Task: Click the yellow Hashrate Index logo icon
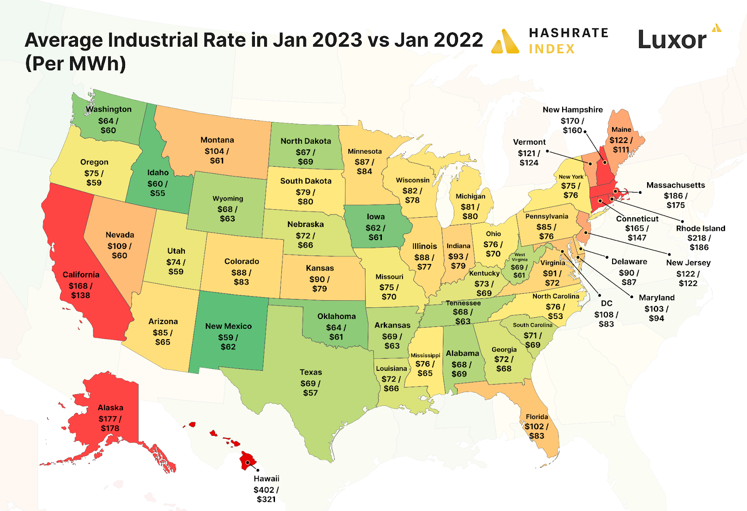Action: click(505, 42)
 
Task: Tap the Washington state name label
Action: click(109, 109)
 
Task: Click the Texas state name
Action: click(310, 372)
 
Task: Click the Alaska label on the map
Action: click(110, 408)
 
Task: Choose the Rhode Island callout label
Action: click(700, 228)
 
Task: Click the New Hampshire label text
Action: click(572, 110)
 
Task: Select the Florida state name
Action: click(537, 417)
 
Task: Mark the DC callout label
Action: click(606, 304)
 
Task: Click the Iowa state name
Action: click(375, 217)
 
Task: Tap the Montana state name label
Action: click(217, 140)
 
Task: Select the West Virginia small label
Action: click(520, 257)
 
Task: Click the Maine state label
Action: click(621, 130)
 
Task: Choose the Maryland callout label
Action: click(656, 298)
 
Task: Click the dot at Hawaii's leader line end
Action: click(258, 470)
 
